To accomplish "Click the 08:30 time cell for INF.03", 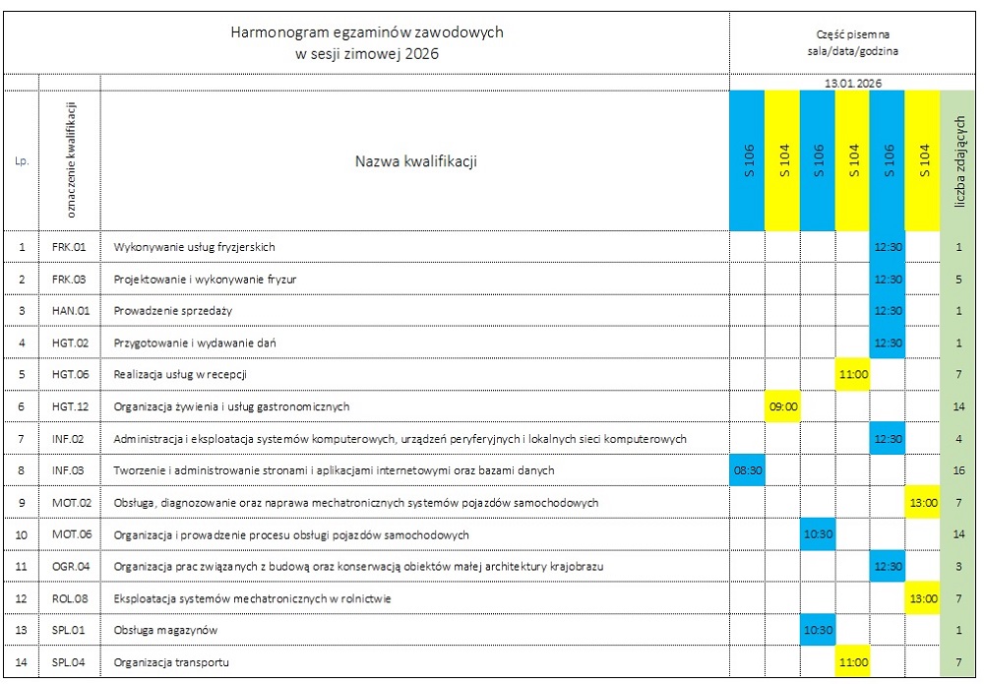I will click(748, 470).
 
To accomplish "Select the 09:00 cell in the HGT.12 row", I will click(782, 406).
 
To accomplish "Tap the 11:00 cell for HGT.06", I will click(852, 375).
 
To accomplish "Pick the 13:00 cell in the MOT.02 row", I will click(922, 503).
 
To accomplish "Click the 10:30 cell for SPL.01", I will click(818, 631).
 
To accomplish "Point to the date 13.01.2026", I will click(853, 84).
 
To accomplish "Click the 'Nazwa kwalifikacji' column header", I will click(415, 161).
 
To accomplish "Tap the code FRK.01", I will click(69, 247).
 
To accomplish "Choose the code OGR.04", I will click(70, 567).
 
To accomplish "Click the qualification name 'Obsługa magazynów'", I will click(165, 631).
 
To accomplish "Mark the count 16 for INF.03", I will click(958, 470).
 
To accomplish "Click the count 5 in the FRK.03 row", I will click(958, 280).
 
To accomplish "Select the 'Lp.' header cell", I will click(22, 161).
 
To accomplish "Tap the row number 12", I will click(22, 598).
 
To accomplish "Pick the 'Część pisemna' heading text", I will click(852, 32).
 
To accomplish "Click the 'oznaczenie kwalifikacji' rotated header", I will click(70, 160).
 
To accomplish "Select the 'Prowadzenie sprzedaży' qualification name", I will click(172, 311).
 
